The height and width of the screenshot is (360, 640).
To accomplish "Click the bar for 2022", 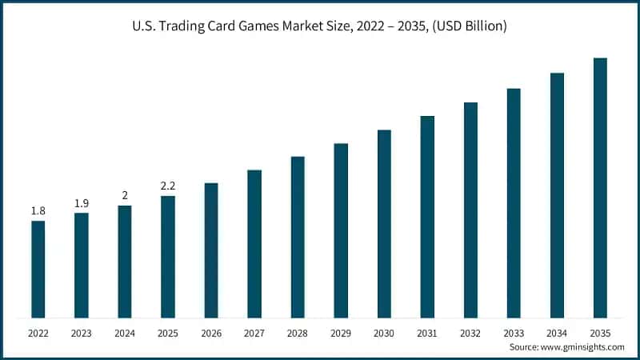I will (x=38, y=269).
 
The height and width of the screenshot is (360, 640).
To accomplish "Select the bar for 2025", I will (x=168, y=257).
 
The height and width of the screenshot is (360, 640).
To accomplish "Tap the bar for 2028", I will (x=298, y=237).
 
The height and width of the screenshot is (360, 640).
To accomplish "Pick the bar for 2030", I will (x=384, y=223).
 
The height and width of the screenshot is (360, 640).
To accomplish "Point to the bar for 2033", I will (x=514, y=202).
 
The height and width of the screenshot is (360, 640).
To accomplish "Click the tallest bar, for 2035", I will (x=600, y=188).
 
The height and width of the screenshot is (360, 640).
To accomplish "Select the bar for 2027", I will (x=254, y=243).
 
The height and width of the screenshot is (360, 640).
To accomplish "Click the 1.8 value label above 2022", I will (x=38, y=210).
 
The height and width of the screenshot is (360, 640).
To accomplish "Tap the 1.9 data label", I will (x=81, y=203).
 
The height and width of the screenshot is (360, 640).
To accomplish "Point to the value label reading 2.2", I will (x=168, y=186).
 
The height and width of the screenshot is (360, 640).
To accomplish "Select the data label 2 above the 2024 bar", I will (x=125, y=195).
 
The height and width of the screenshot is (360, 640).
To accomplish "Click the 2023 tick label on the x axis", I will (x=81, y=332).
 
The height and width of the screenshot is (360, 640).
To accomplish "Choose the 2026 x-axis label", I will (x=211, y=332).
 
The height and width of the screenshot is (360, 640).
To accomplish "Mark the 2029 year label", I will (x=341, y=332).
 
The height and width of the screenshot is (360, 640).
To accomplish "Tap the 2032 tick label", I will (x=470, y=332).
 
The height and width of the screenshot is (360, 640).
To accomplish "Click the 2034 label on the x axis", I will (x=557, y=332).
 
